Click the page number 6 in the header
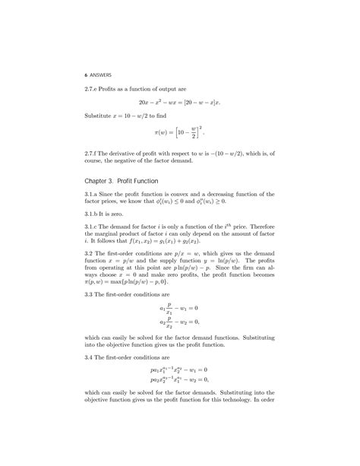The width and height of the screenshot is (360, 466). tap(86, 74)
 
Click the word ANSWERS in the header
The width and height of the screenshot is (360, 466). tap(101, 74)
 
